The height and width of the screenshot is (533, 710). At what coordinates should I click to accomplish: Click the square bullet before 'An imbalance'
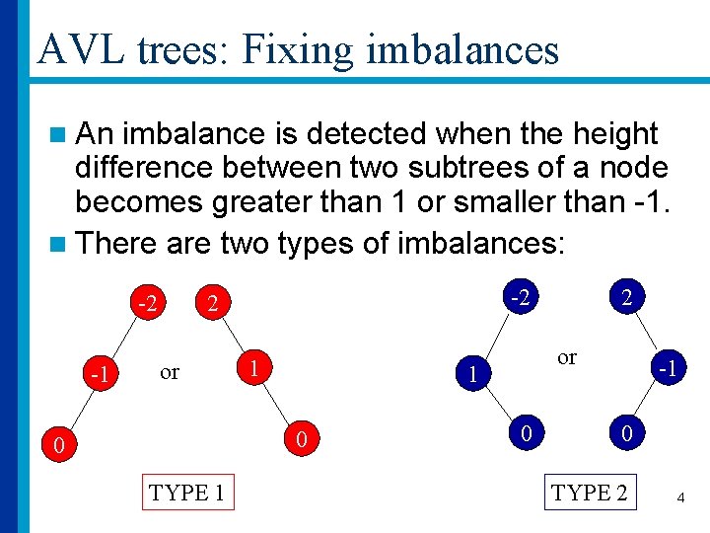click(x=59, y=134)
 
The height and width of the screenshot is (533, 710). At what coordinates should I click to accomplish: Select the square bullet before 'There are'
click(x=59, y=243)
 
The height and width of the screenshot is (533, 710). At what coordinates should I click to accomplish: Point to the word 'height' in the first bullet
click(x=610, y=133)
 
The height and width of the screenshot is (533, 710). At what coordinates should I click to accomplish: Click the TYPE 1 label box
click(x=189, y=493)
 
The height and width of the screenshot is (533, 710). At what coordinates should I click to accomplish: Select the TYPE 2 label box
click(x=590, y=493)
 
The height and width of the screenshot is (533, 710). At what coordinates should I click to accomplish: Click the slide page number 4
click(x=680, y=498)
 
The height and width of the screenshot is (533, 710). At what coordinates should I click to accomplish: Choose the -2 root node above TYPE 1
click(x=148, y=303)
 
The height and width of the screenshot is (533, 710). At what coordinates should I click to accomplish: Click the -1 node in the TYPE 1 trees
click(x=98, y=376)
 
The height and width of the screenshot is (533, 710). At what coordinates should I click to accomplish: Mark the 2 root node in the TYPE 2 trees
click(x=624, y=296)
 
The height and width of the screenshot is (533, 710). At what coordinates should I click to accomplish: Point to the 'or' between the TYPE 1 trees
click(x=170, y=372)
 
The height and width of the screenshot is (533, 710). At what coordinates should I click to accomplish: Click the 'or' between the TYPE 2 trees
click(x=567, y=357)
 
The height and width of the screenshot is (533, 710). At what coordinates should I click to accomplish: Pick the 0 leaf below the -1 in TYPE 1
click(x=59, y=447)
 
